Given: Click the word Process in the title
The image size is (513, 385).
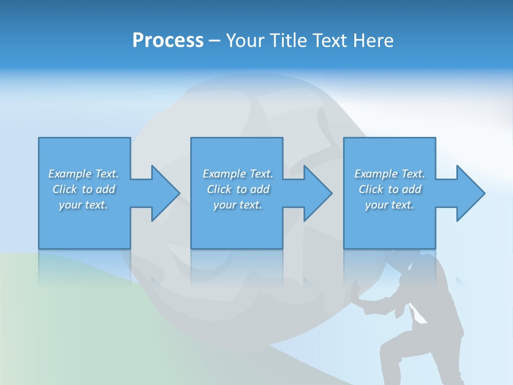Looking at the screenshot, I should point(168,41).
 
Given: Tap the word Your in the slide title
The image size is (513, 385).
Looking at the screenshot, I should point(245,41).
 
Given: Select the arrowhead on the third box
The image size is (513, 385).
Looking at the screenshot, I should point(470,193).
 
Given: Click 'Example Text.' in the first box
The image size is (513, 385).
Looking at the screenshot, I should point(83,174).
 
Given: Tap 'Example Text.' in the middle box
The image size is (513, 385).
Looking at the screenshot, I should point(238,174).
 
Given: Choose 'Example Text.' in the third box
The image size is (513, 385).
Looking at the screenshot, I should point(390,174).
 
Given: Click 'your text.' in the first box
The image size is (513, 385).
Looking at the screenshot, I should point(83,205).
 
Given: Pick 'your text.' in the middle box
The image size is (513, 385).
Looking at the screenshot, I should point(238,205).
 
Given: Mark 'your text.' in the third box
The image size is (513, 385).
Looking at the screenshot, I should point(390,205).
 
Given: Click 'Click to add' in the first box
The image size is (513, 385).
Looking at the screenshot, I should point(83,189).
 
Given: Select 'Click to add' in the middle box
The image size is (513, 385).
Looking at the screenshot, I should point(238,189).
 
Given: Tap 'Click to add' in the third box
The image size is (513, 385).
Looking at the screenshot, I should point(390,189).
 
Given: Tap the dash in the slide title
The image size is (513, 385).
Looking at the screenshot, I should point(214,41).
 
